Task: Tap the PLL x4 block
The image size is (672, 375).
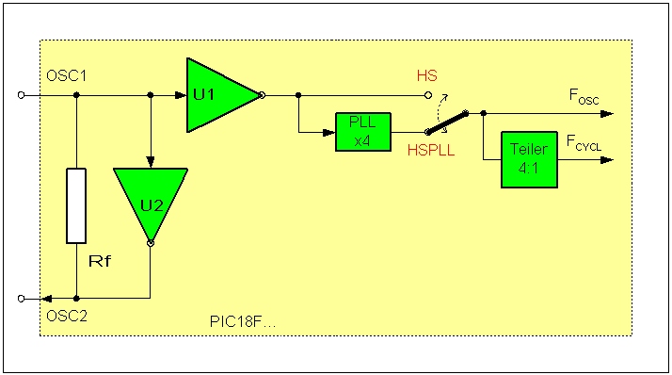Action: [361, 133]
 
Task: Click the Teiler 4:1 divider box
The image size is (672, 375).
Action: [528, 157]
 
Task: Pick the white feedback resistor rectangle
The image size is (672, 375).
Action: [76, 205]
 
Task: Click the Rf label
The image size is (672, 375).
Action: [100, 260]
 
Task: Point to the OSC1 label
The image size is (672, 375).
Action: [67, 74]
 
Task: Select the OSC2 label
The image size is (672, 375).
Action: [67, 315]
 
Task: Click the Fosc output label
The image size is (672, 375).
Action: [584, 95]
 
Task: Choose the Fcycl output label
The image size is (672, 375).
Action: [584, 142]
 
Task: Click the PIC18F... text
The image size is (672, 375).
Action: [243, 321]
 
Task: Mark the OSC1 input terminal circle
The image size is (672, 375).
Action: [22, 95]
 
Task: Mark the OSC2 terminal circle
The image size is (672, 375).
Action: [22, 298]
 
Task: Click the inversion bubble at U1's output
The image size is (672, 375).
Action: [261, 95]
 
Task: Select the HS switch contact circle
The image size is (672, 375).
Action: [429, 95]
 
